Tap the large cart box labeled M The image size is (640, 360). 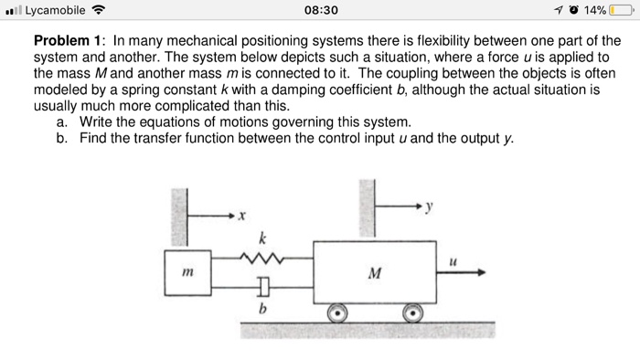371,271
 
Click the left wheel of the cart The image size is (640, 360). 337,312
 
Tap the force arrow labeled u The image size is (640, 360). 466,271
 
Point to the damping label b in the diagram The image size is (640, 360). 261,308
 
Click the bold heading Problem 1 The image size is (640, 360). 69,42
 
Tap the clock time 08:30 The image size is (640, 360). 319,10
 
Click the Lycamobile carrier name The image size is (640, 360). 57,10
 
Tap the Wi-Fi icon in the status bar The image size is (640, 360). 100,10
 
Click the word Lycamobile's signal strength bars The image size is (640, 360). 15,10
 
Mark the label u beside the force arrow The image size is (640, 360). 453,260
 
